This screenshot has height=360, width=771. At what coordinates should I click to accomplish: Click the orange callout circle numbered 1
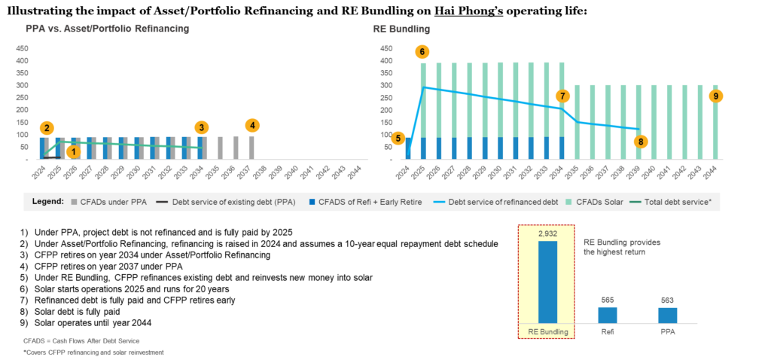72,151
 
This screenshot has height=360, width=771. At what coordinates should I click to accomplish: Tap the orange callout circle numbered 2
47,127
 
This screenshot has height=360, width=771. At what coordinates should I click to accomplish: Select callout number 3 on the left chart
201,127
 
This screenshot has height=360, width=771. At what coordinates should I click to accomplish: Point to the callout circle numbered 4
253,125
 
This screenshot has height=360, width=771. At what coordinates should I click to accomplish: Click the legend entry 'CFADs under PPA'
113,201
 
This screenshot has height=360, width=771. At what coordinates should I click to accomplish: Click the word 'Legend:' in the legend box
46,201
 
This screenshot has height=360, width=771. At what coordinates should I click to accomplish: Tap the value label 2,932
547,234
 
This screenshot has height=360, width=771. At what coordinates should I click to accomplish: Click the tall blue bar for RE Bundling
547,282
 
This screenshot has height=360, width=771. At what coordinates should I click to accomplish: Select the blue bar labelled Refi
608,315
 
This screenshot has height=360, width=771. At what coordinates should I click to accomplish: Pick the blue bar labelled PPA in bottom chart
667,315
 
